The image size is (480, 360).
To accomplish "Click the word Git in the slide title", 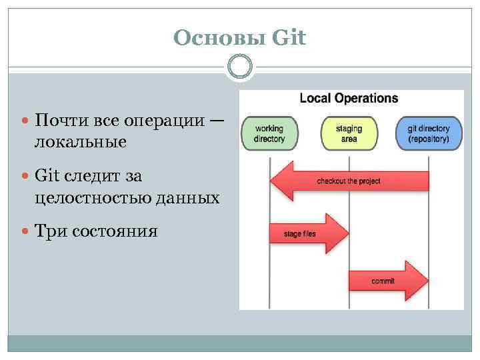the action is [x=289, y=38].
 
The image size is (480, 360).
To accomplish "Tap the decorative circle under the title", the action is [x=240, y=67].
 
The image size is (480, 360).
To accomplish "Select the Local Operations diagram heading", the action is [x=349, y=99].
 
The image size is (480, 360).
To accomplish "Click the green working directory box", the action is [x=269, y=133].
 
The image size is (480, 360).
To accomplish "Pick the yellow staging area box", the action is [x=349, y=133].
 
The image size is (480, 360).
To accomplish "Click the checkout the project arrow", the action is [x=349, y=181].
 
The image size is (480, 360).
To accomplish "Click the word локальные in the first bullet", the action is [x=81, y=143].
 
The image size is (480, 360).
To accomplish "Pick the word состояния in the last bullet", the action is [x=115, y=231].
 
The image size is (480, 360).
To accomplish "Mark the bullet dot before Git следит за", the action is [x=26, y=177].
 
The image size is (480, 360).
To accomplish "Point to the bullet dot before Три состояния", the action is [x=26, y=232].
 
